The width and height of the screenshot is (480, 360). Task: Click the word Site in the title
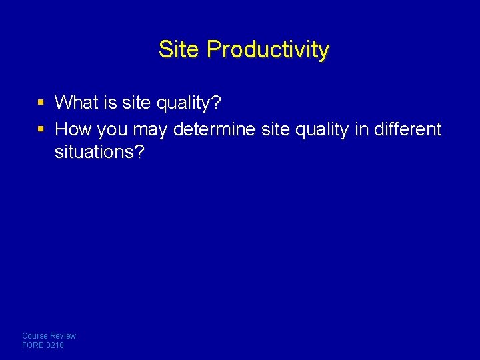click(x=179, y=49)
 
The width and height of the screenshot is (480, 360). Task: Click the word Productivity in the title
click(x=267, y=49)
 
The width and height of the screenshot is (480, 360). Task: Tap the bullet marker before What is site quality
click(x=41, y=103)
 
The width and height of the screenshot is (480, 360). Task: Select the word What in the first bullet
click(x=77, y=103)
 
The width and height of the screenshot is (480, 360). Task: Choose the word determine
click(x=217, y=129)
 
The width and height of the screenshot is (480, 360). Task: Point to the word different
click(x=406, y=129)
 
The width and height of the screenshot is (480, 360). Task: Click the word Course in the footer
click(x=35, y=336)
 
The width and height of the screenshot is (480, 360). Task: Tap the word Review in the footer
click(x=64, y=336)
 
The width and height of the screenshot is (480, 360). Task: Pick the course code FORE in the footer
click(x=33, y=345)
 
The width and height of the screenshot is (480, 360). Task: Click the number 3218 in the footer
click(x=55, y=345)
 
